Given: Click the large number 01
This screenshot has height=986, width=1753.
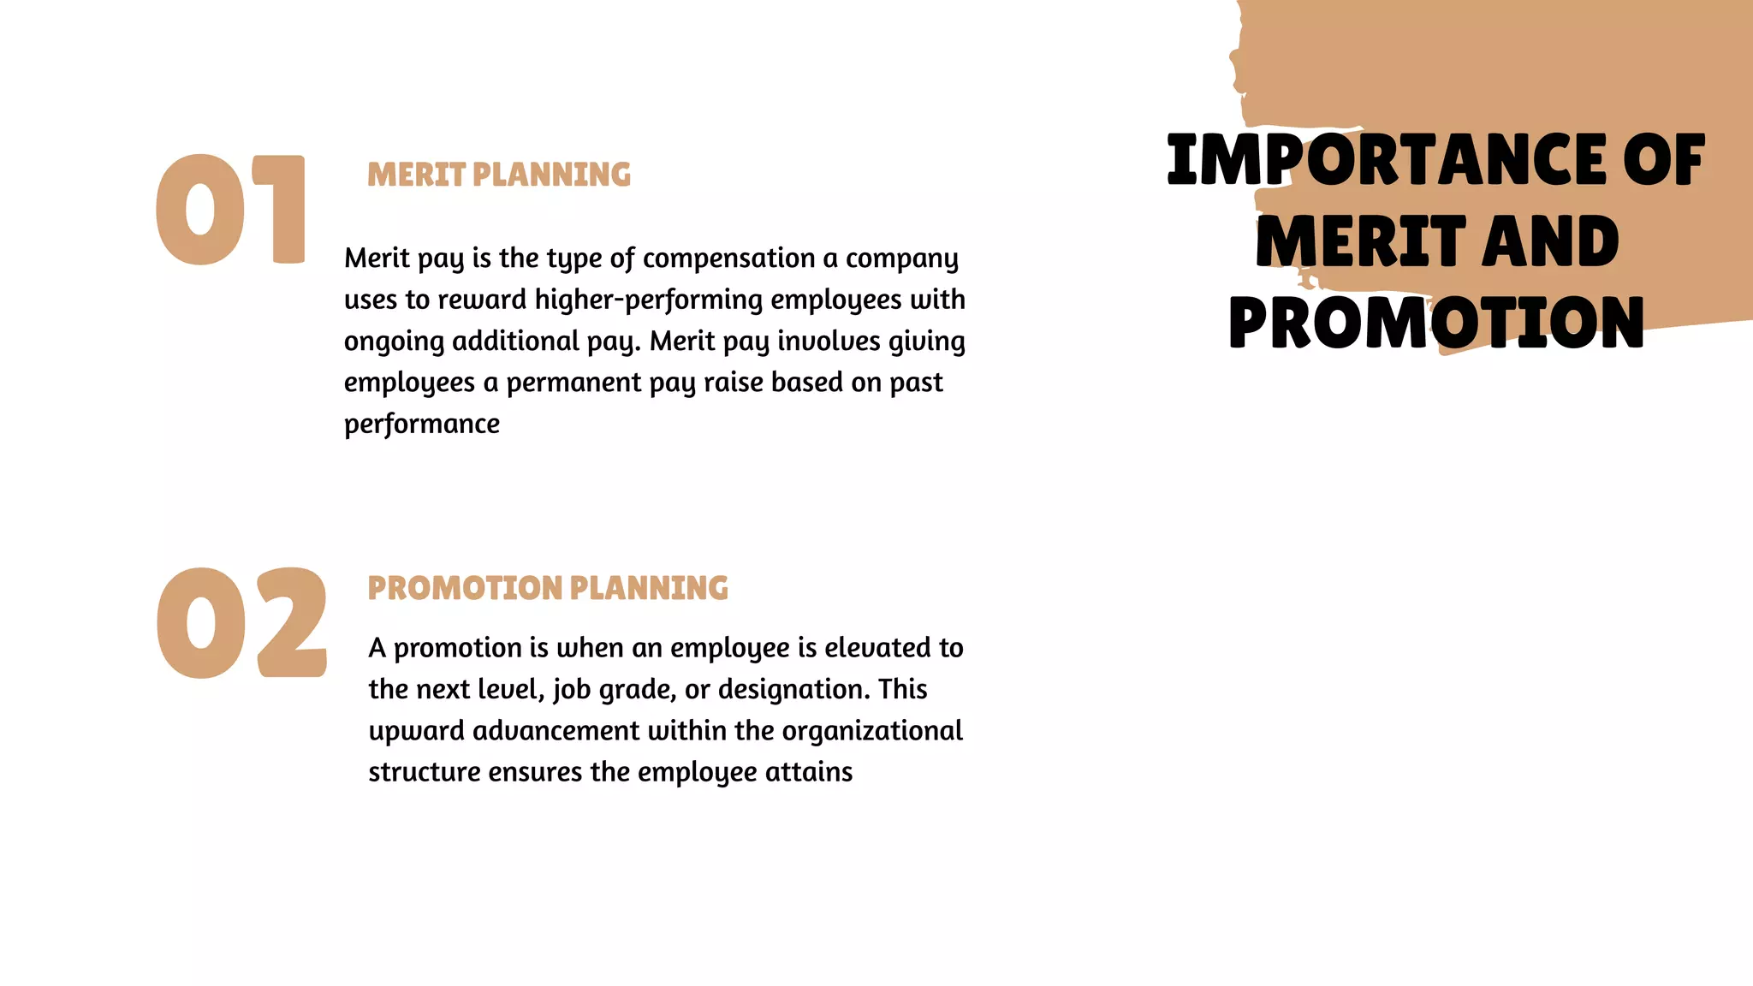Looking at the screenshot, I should [x=229, y=209].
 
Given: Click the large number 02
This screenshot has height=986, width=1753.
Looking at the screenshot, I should [x=241, y=622].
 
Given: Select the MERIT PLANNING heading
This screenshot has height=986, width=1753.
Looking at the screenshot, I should [x=499, y=175].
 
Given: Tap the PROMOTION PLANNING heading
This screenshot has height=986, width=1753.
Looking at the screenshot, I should [x=548, y=588].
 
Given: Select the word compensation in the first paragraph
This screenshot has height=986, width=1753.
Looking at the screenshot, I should [x=728, y=258].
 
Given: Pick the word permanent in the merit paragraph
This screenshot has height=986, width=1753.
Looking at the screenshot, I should [x=573, y=383].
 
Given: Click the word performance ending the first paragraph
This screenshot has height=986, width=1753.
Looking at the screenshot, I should [x=422, y=424].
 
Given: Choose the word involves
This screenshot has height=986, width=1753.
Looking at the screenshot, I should [x=829, y=341].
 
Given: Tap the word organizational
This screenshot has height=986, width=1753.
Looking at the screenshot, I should [x=872, y=730].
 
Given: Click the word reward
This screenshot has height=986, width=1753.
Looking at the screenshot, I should [x=482, y=300].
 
